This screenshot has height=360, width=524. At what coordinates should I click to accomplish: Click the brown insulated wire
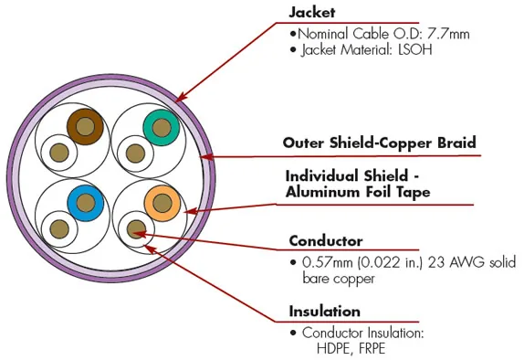tap(85, 127)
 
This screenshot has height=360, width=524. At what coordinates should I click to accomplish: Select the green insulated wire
tap(162, 128)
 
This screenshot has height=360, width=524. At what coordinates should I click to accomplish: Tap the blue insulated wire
tap(86, 203)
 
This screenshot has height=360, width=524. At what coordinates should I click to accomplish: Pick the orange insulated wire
tap(162, 204)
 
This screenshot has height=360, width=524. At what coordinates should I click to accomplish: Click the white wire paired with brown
tap(58, 153)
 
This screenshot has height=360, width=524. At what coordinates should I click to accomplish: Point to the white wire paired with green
tap(135, 154)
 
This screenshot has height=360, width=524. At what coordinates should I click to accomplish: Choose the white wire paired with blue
tap(59, 228)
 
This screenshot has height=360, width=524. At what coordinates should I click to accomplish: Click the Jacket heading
tap(311, 13)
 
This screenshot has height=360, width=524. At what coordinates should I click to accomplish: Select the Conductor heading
tap(326, 241)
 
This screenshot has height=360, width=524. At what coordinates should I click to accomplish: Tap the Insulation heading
tap(324, 312)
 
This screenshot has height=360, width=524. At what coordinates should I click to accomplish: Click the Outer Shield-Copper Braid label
tap(379, 143)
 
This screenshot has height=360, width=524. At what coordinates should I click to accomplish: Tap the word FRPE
tap(372, 349)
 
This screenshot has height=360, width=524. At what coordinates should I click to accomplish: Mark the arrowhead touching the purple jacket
tap(180, 98)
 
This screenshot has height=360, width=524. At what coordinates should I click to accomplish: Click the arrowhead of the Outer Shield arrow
tap(206, 156)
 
